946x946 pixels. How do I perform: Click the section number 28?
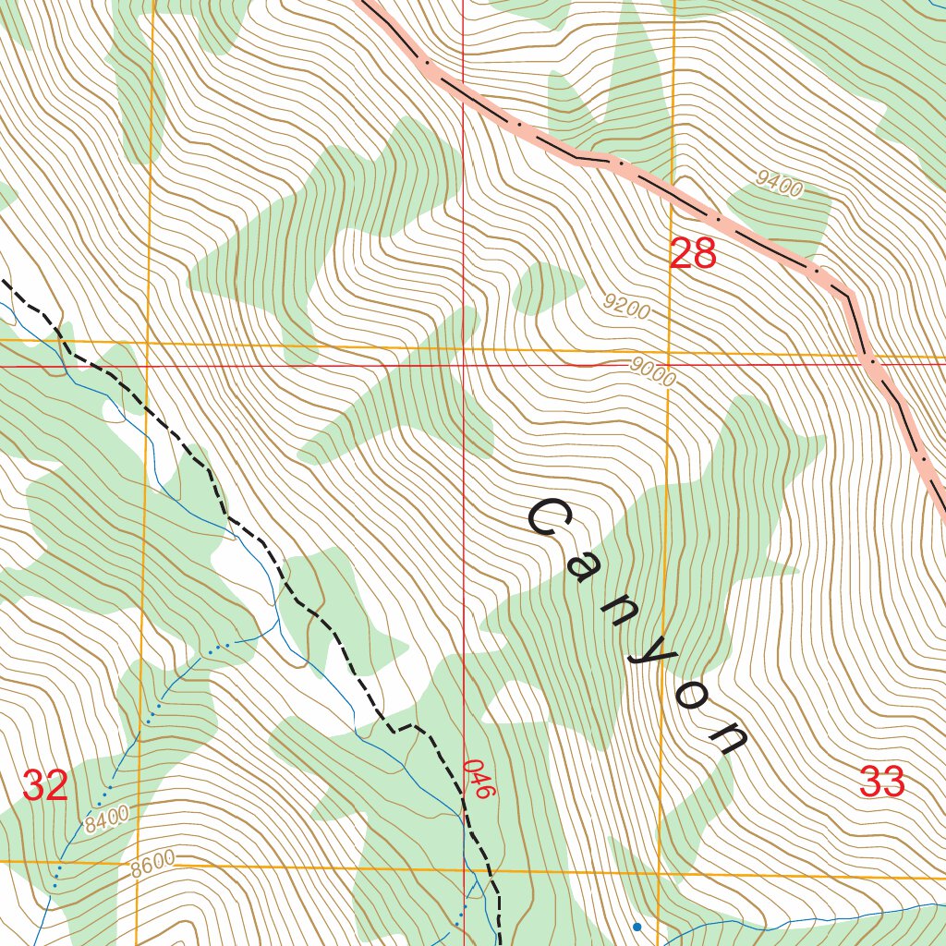(692, 253)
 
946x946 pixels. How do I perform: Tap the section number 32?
(45, 785)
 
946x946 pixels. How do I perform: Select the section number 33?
(881, 782)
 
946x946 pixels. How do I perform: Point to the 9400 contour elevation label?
(778, 185)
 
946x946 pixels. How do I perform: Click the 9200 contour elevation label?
(625, 307)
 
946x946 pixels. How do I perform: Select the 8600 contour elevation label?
(152, 865)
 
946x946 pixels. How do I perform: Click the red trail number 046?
(475, 779)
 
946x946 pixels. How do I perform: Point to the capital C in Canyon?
(552, 519)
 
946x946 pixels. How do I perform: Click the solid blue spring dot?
(636, 926)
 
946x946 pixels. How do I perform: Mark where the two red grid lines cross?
(463, 366)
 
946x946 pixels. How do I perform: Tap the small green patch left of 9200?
(545, 286)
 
